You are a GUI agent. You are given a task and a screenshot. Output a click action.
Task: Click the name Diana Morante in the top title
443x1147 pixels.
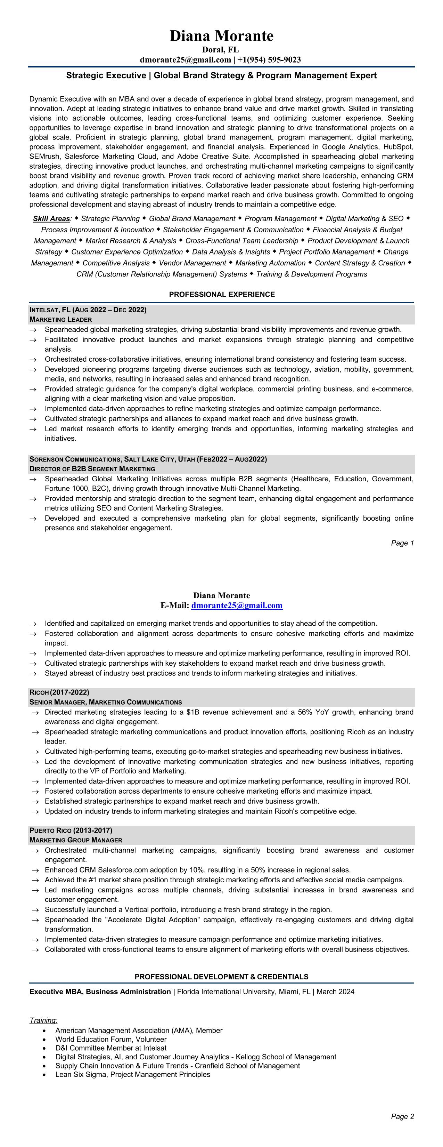tap(222, 35)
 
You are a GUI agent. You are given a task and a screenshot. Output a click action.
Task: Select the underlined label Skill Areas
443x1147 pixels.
tap(51, 219)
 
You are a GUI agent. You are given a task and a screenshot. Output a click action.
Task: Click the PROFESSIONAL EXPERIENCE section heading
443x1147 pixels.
tap(222, 294)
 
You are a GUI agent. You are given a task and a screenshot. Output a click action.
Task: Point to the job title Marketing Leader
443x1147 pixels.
tap(60, 319)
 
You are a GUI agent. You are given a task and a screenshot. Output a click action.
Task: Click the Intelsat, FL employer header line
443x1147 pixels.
tap(88, 310)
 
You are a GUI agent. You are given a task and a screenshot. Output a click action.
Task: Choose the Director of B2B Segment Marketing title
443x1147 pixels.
tap(92, 469)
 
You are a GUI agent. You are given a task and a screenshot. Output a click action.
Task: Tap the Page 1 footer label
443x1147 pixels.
tap(402, 543)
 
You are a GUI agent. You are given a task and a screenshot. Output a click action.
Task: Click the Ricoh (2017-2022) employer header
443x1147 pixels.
tap(59, 692)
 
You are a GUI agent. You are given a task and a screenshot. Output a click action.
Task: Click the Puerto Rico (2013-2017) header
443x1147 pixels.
tap(71, 831)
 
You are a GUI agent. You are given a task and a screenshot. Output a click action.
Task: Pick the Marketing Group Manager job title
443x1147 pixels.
tap(76, 840)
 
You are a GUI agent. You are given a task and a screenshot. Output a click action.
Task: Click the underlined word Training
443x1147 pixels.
tap(43, 1020)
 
